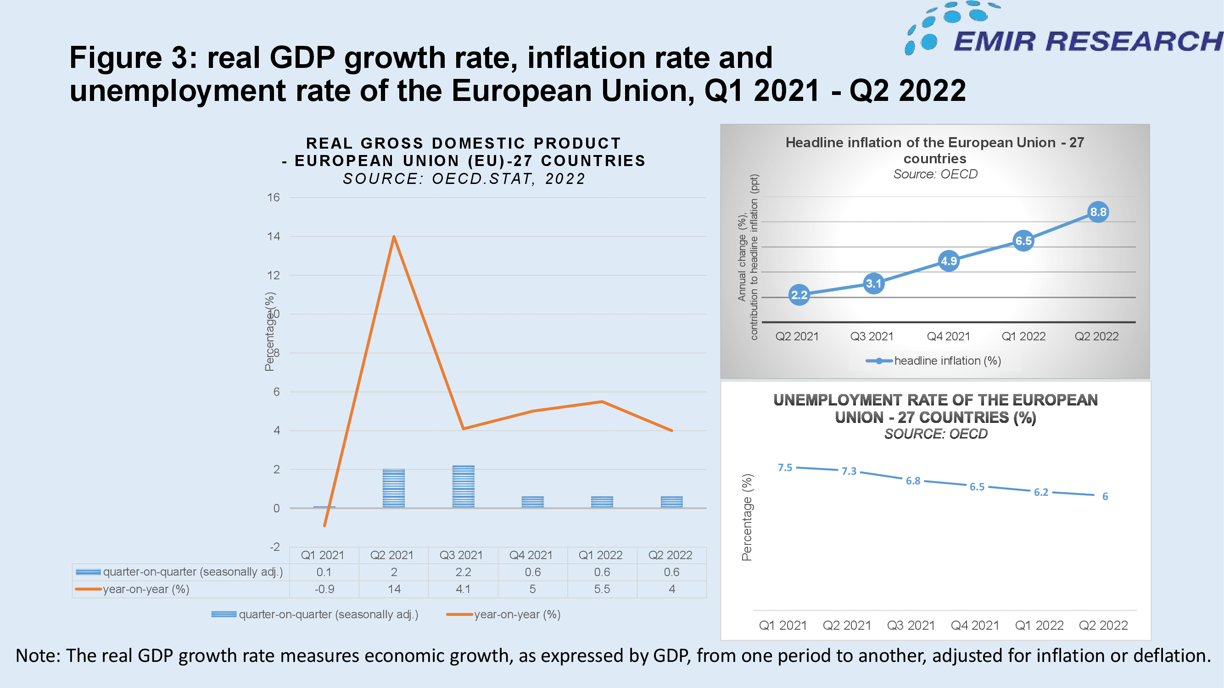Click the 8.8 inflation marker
(x=1098, y=212)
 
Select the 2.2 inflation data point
(x=799, y=295)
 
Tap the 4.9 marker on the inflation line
(x=949, y=261)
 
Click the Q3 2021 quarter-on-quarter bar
(x=463, y=487)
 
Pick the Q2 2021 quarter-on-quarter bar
(x=394, y=488)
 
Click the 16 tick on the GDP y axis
(x=273, y=197)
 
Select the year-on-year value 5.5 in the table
(x=602, y=589)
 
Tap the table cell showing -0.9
(x=324, y=589)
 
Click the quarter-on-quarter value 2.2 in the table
(x=463, y=572)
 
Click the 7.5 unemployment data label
(x=785, y=468)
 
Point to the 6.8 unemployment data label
(x=913, y=481)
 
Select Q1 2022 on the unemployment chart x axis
(x=1039, y=625)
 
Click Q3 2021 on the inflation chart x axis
(x=872, y=336)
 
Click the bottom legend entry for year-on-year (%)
(x=503, y=615)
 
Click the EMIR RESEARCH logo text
(x=1088, y=41)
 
